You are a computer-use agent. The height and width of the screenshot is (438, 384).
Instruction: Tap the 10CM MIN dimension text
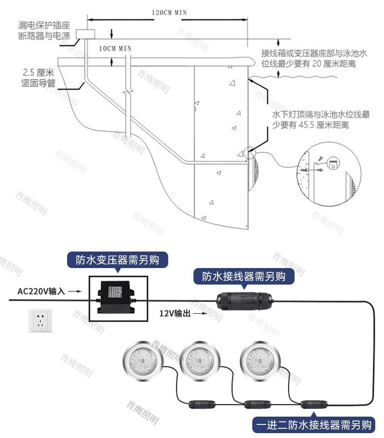[x=115, y=48]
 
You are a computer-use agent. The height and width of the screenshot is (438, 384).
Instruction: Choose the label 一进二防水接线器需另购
[x=314, y=425]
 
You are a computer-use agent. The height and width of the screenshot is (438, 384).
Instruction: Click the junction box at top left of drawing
[x=88, y=34]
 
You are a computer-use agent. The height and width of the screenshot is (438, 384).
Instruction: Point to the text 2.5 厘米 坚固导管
[x=38, y=78]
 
